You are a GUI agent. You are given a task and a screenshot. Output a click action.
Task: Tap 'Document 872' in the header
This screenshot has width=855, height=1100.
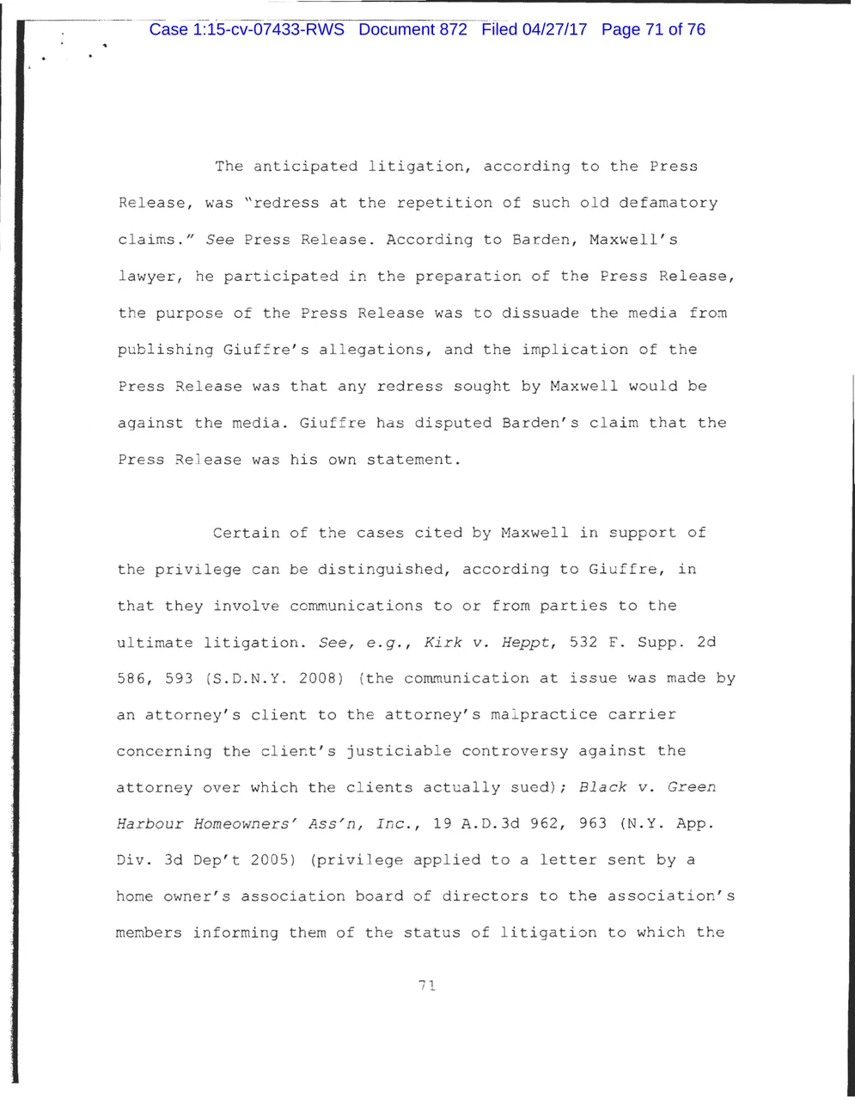[x=412, y=30]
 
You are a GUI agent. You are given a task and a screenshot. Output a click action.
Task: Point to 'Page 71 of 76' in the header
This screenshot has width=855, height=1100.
[x=654, y=30]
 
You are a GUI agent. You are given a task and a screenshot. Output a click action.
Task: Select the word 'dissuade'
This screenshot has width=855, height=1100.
[x=539, y=313]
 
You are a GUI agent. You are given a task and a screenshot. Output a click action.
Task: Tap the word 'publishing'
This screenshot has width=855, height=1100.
[x=166, y=350]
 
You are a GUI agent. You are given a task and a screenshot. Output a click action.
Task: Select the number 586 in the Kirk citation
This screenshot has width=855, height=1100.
[x=131, y=679]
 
